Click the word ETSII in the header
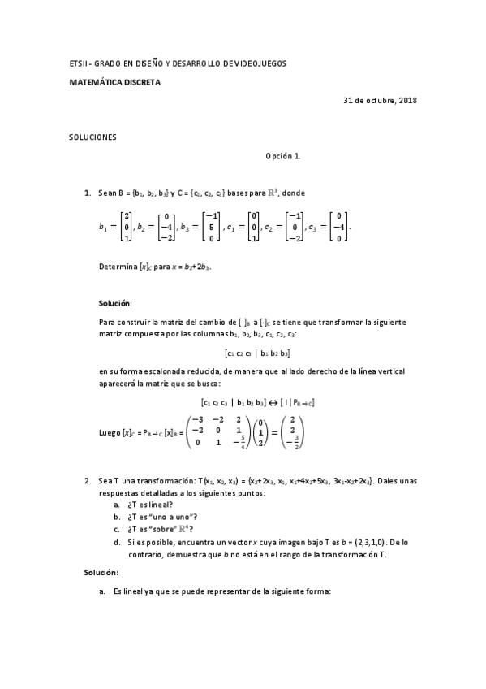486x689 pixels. coord(76,63)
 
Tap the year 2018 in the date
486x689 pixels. coord(406,101)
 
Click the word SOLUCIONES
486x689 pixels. coord(92,137)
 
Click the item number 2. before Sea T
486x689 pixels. coord(88,481)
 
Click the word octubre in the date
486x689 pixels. coord(378,101)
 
